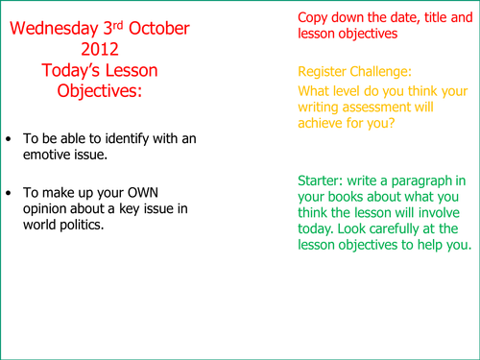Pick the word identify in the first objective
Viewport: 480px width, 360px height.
(129, 139)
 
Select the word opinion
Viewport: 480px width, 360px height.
(55, 211)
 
